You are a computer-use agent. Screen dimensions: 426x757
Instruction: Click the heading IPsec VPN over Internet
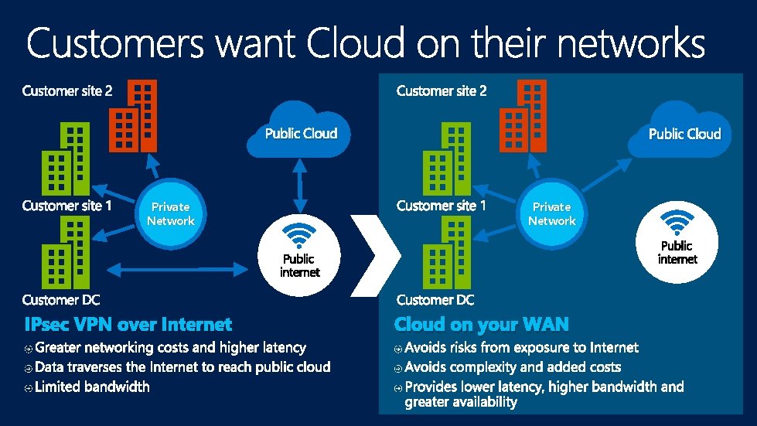click(128, 324)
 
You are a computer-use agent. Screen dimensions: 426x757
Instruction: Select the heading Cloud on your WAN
click(481, 324)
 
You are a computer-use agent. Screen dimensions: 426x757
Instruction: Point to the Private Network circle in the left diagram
click(171, 214)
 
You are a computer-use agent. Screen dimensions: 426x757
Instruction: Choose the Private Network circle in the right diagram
click(551, 214)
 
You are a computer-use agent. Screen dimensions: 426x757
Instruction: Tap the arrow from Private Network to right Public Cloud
click(610, 176)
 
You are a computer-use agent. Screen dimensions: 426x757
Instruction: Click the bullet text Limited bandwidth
click(92, 387)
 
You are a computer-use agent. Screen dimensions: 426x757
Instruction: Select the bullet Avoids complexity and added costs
click(513, 367)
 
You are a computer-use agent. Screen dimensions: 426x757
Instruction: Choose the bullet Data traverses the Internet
click(182, 367)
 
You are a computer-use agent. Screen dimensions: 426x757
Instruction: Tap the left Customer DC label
click(61, 300)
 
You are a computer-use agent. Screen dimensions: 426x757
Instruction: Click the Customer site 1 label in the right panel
click(442, 206)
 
